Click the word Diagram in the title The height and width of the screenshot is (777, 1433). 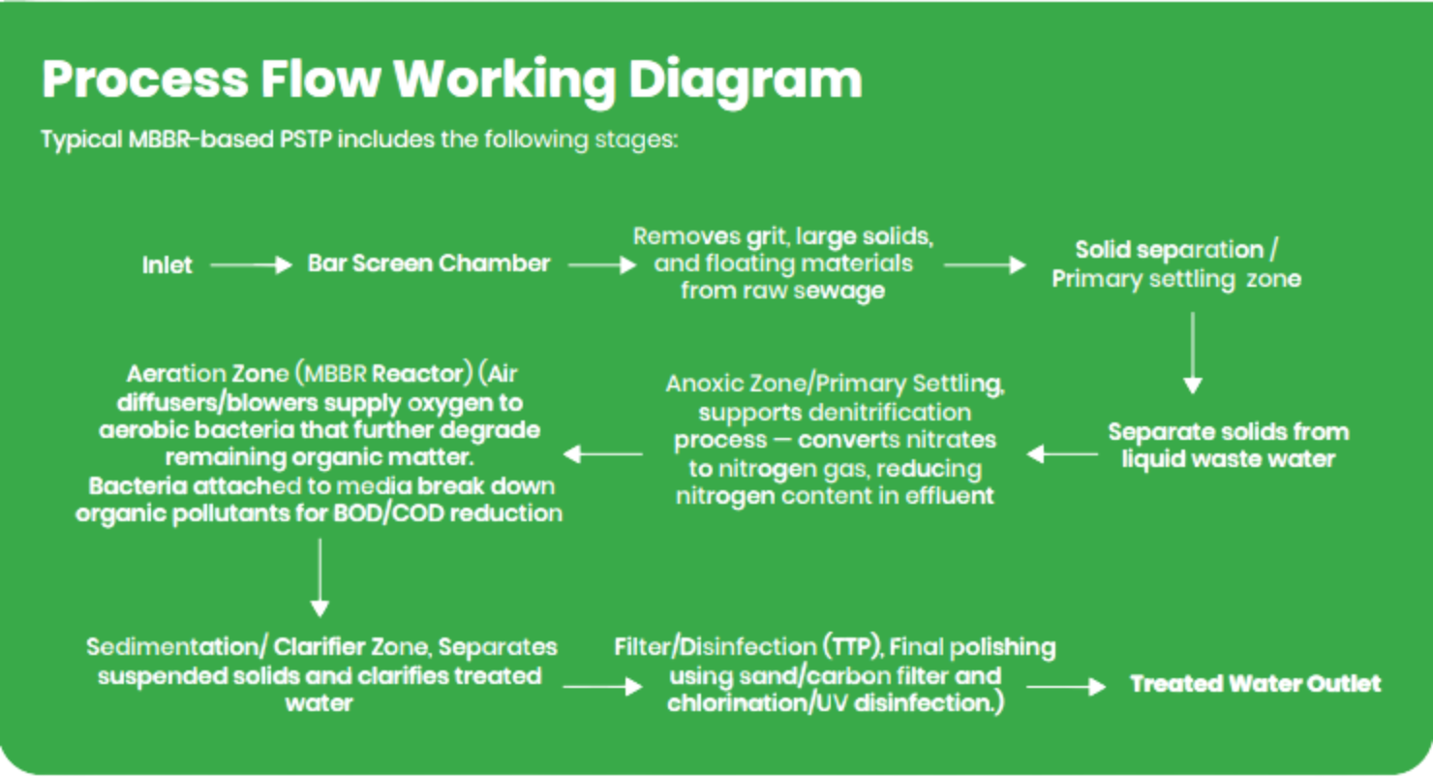tap(745, 80)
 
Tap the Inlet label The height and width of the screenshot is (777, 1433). tap(168, 264)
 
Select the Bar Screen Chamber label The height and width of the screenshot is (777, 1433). tap(429, 264)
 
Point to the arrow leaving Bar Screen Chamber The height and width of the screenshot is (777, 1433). tap(601, 264)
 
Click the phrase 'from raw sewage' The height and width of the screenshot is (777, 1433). tap(782, 291)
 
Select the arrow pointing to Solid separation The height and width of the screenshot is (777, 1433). tap(984, 264)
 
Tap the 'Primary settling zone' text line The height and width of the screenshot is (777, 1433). tap(1176, 279)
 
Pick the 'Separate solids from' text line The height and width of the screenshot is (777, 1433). tap(1229, 431)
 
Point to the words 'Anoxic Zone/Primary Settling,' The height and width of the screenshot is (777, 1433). tap(835, 384)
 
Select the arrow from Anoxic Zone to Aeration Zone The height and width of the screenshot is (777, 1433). tap(605, 453)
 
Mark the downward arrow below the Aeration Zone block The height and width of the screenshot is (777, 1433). tap(320, 577)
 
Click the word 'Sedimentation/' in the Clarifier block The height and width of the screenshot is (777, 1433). tap(178, 646)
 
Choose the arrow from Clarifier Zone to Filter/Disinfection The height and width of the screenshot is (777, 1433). tap(601, 686)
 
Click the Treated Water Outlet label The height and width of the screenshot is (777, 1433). tap(1256, 684)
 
